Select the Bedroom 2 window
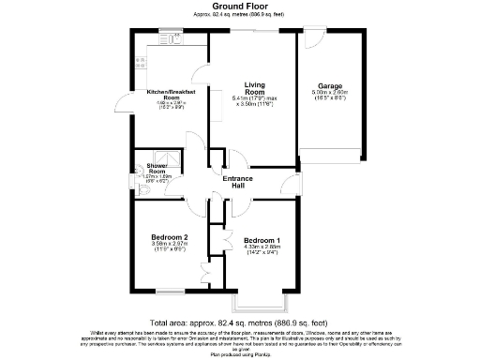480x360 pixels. pyautogui.click(x=168, y=290)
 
